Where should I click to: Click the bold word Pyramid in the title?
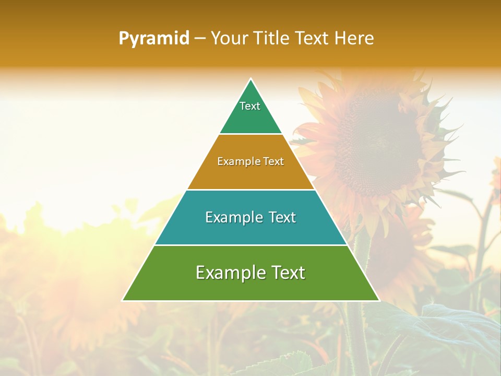point(154,39)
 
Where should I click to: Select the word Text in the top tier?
point(250,106)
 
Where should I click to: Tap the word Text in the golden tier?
point(273,162)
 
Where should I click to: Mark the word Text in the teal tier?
point(282,217)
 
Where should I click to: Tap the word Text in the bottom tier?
point(286,273)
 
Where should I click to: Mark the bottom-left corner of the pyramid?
point(123,300)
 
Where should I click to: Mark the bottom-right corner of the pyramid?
point(379,300)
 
